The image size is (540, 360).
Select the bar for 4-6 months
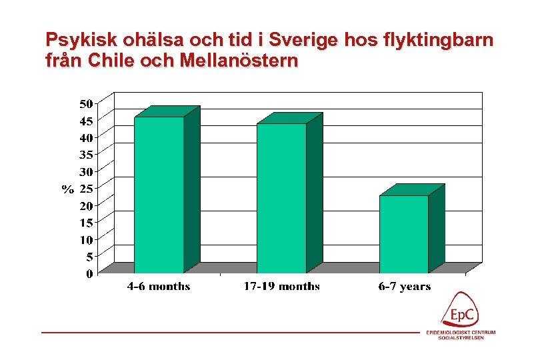(159, 195)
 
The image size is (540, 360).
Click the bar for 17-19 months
(281, 198)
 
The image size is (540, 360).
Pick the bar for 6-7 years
(404, 234)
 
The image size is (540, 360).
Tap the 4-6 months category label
(159, 287)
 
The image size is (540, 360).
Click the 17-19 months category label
(281, 287)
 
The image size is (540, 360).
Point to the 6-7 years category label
(404, 287)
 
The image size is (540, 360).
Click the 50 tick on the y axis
(86, 104)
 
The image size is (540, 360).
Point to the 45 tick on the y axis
(86, 121)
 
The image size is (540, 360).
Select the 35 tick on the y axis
(86, 155)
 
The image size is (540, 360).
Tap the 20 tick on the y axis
(86, 206)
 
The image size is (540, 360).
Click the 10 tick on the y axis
(86, 239)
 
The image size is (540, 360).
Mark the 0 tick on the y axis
(89, 273)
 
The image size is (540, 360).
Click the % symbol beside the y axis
(68, 189)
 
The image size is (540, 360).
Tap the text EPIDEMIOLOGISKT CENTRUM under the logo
(461, 333)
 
